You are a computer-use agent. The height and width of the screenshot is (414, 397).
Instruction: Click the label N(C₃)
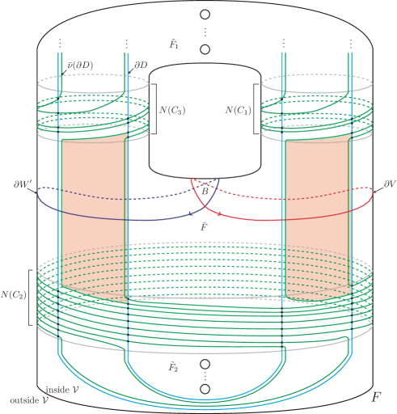click(x=172, y=110)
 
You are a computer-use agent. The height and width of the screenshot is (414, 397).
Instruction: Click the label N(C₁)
click(x=239, y=110)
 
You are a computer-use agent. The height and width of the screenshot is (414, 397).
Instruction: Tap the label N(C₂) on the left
click(x=14, y=294)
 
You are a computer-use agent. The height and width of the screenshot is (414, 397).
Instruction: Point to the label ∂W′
click(x=23, y=184)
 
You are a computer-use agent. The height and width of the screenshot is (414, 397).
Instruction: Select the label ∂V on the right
click(x=390, y=184)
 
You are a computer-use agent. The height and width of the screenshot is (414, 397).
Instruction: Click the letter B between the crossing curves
click(x=205, y=191)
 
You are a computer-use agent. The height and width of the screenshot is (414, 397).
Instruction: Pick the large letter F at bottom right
click(x=376, y=397)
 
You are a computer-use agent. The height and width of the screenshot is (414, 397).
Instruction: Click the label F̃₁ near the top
click(x=174, y=44)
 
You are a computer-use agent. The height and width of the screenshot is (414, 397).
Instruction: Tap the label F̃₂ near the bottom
click(x=173, y=367)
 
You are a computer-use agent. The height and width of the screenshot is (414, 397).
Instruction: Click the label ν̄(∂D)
click(x=80, y=65)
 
